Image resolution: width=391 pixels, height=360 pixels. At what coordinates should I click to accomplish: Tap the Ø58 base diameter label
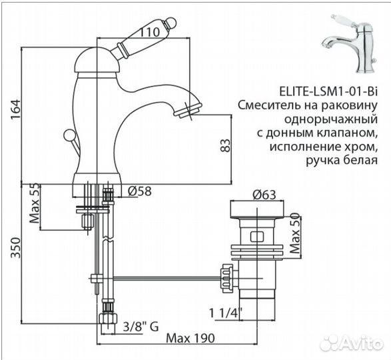point(137,192)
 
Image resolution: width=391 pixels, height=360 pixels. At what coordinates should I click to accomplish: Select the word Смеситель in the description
point(269,106)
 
